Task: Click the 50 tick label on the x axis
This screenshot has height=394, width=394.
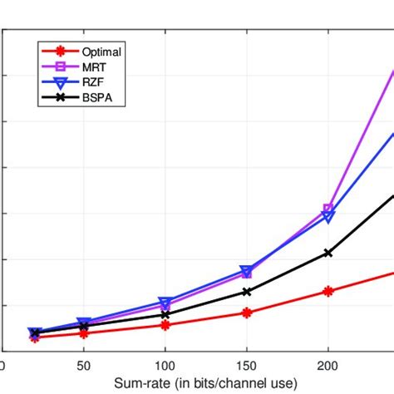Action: (x=83, y=366)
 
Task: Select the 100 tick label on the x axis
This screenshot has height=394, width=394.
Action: (x=165, y=366)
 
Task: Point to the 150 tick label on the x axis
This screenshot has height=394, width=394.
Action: (x=246, y=366)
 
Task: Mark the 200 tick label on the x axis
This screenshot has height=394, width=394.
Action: (x=328, y=366)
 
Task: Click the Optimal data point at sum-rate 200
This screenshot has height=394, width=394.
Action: (x=328, y=291)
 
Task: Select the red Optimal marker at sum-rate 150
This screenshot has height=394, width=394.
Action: (x=247, y=313)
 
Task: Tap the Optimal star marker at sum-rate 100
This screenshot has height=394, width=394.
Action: (x=165, y=325)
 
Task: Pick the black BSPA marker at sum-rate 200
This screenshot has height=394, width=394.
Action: (x=328, y=253)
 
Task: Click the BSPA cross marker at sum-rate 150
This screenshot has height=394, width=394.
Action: (x=247, y=292)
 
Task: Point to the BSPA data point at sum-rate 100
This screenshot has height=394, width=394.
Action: (x=165, y=314)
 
